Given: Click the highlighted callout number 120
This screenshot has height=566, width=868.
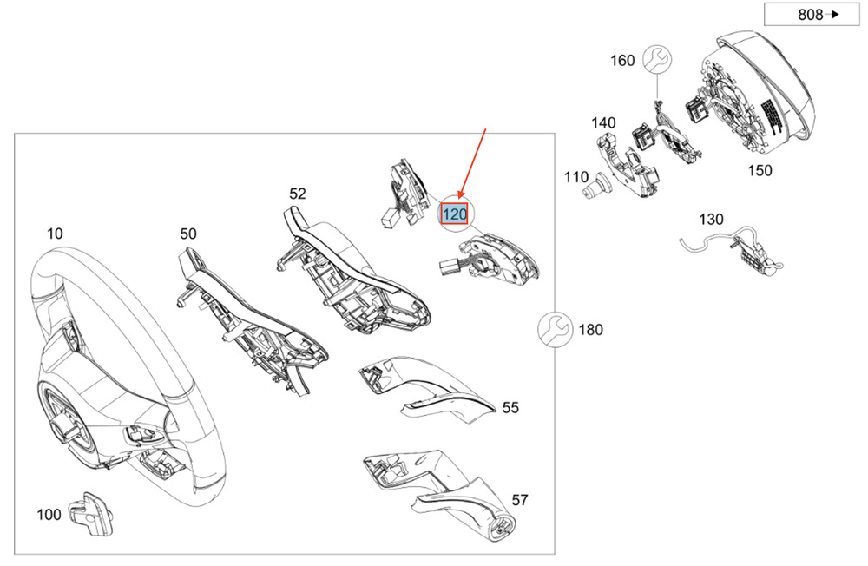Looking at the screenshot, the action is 455,214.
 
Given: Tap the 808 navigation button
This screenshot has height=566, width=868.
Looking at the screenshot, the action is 812,15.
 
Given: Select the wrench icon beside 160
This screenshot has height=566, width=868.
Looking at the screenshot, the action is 657,59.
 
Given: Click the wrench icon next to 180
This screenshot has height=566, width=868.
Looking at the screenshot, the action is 556,330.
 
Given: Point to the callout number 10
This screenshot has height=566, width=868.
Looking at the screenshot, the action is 55,234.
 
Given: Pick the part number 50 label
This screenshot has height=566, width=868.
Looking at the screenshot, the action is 188,234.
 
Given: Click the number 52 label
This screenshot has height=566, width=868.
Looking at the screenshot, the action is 297,194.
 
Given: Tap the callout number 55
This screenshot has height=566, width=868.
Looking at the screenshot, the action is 510,408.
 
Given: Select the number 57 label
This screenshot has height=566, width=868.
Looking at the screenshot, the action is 519,500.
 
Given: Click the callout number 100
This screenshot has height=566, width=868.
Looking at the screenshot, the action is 49,515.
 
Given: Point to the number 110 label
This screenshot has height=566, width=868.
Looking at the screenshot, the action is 576,177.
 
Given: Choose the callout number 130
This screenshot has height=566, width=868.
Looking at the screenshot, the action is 712,220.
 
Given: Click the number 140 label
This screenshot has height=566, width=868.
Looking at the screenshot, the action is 603,122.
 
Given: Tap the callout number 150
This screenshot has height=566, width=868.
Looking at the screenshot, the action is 759,170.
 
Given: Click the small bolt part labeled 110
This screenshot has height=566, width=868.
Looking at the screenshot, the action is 596,187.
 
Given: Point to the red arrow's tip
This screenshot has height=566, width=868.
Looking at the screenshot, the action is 459,198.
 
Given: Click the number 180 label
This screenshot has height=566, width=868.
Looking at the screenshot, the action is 590,330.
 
